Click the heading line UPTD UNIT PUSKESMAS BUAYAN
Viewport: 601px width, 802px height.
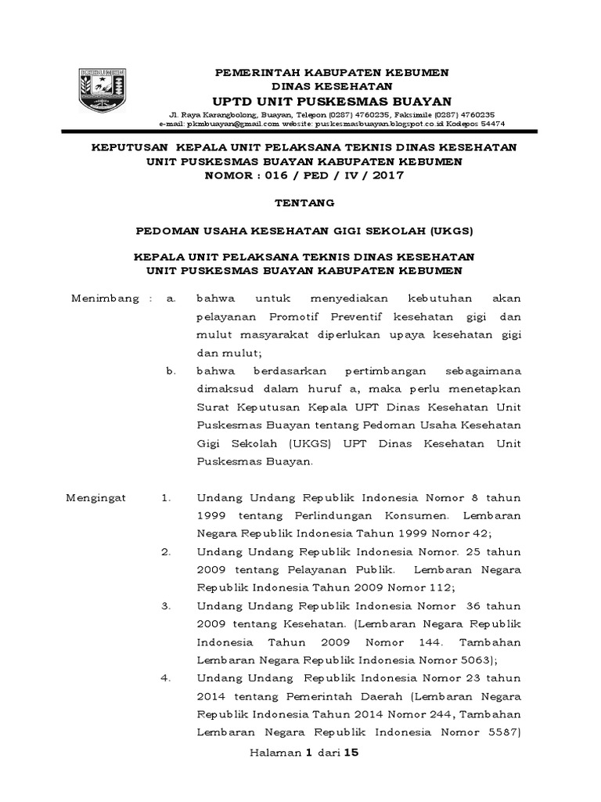[333, 101]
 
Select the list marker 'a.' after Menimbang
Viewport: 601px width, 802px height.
[171, 298]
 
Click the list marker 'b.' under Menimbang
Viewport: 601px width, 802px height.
[171, 370]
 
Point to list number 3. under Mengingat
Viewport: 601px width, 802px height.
[166, 605]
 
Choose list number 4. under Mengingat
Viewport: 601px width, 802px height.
[166, 677]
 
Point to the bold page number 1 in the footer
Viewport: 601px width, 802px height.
[308, 753]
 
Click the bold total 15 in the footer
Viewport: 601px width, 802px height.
[350, 753]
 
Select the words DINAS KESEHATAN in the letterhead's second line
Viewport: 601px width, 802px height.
[332, 86]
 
